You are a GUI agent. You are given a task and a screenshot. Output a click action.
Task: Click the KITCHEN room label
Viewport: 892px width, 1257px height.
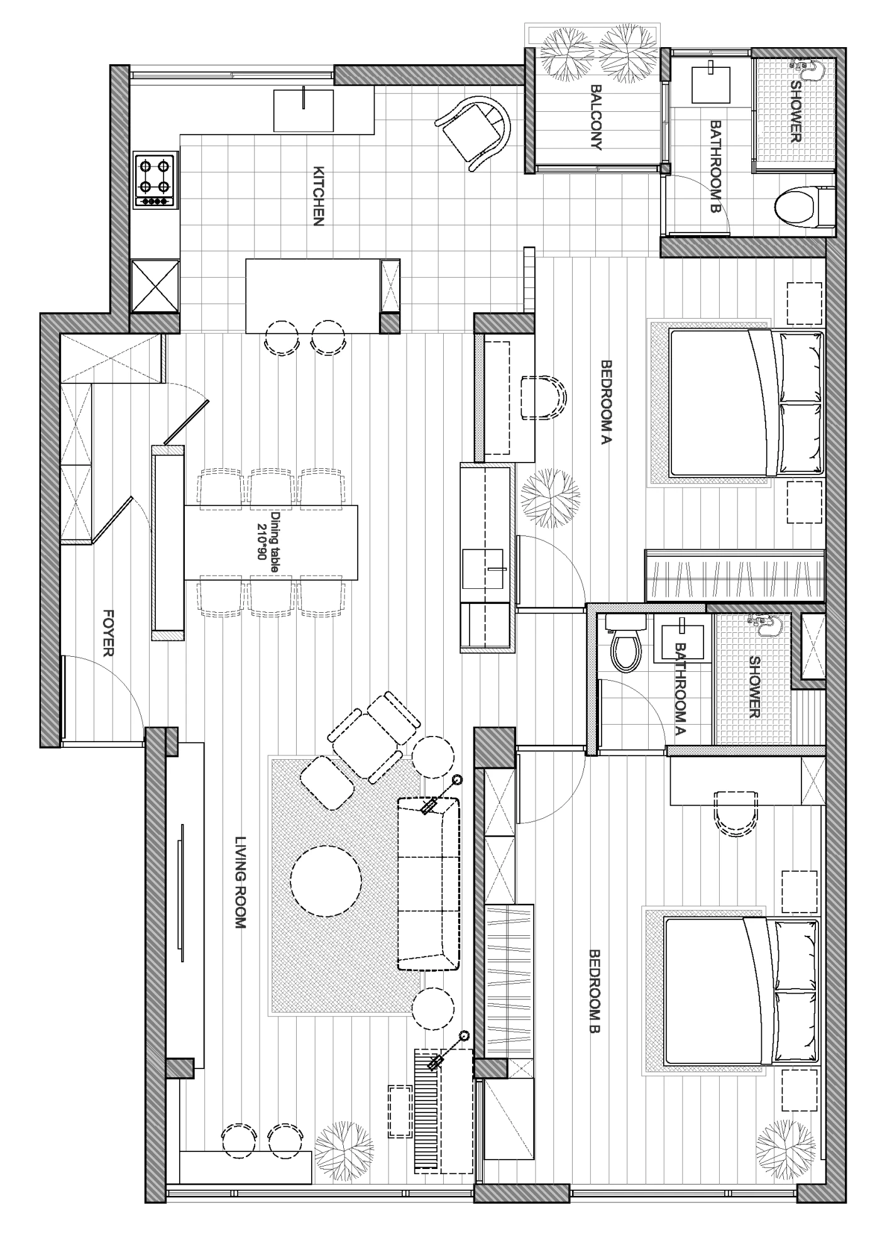[319, 196]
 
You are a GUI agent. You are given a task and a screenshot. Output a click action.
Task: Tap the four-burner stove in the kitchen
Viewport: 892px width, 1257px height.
[155, 180]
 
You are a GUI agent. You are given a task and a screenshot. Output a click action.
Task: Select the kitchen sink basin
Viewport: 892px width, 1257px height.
[304, 110]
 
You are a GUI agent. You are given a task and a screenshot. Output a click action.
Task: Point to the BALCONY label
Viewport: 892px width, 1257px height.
[596, 118]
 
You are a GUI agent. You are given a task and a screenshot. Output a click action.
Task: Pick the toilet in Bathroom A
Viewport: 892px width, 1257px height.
[627, 644]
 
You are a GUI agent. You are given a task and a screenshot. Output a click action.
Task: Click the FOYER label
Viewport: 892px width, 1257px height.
[108, 632]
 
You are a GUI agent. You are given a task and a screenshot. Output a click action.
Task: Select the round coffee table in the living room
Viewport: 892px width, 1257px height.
[326, 881]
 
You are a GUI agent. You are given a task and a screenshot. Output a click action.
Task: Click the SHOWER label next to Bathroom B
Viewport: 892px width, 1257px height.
[796, 111]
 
